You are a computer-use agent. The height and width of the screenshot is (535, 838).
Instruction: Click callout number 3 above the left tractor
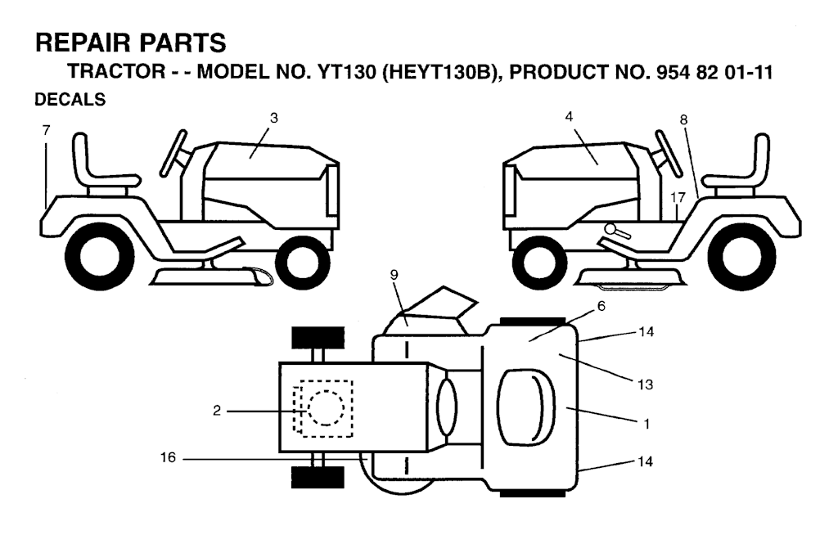(274, 118)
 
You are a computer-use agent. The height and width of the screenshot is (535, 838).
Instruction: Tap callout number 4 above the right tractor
(569, 116)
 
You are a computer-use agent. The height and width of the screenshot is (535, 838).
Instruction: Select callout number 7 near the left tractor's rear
(46, 130)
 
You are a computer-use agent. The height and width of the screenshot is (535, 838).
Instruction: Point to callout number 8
(683, 119)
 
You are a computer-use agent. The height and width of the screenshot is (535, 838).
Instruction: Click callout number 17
(678, 197)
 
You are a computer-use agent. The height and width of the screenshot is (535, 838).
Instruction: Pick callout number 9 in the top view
(394, 275)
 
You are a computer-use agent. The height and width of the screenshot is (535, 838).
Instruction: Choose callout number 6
(601, 306)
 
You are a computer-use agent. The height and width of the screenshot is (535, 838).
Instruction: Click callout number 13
(645, 384)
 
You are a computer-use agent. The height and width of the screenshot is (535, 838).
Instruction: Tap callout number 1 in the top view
(647, 424)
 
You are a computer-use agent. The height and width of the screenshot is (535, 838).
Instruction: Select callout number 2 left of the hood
(216, 411)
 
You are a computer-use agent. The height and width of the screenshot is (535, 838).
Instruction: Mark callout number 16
(168, 457)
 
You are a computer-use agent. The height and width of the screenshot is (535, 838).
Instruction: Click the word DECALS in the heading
(70, 100)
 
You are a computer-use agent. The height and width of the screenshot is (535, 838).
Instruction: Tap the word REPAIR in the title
(83, 43)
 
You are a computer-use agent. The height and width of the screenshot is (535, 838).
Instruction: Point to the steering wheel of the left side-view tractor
(173, 153)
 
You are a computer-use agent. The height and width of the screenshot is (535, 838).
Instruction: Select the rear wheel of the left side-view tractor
(99, 257)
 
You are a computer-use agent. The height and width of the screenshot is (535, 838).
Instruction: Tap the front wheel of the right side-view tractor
(538, 263)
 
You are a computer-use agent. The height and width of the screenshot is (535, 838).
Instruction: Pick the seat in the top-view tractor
(526, 407)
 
